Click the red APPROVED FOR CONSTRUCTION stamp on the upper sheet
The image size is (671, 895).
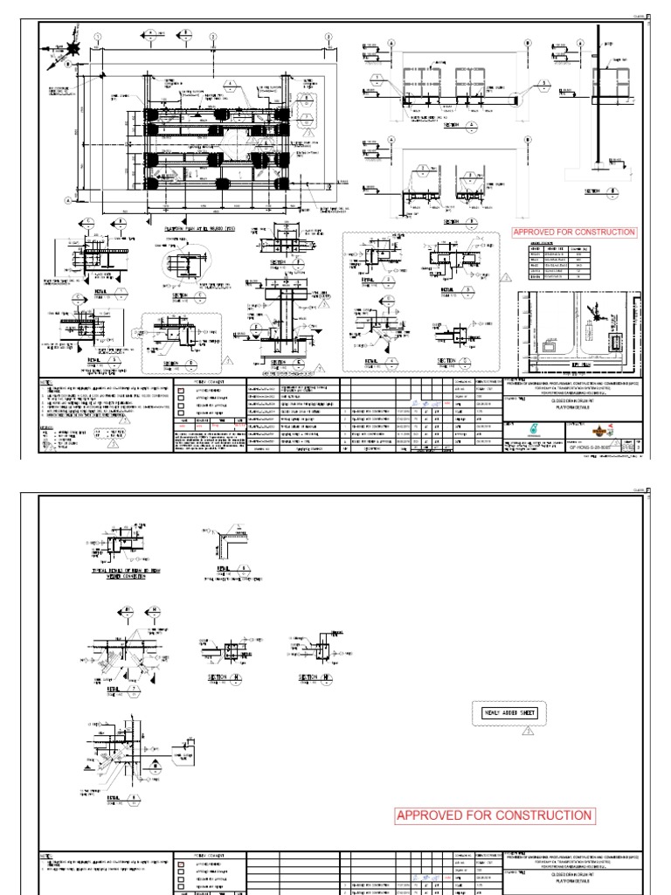[x=574, y=232]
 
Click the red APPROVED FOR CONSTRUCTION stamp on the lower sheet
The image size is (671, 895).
[x=495, y=815]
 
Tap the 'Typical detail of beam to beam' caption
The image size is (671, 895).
[x=116, y=570]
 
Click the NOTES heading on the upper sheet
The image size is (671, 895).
[x=46, y=383]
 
